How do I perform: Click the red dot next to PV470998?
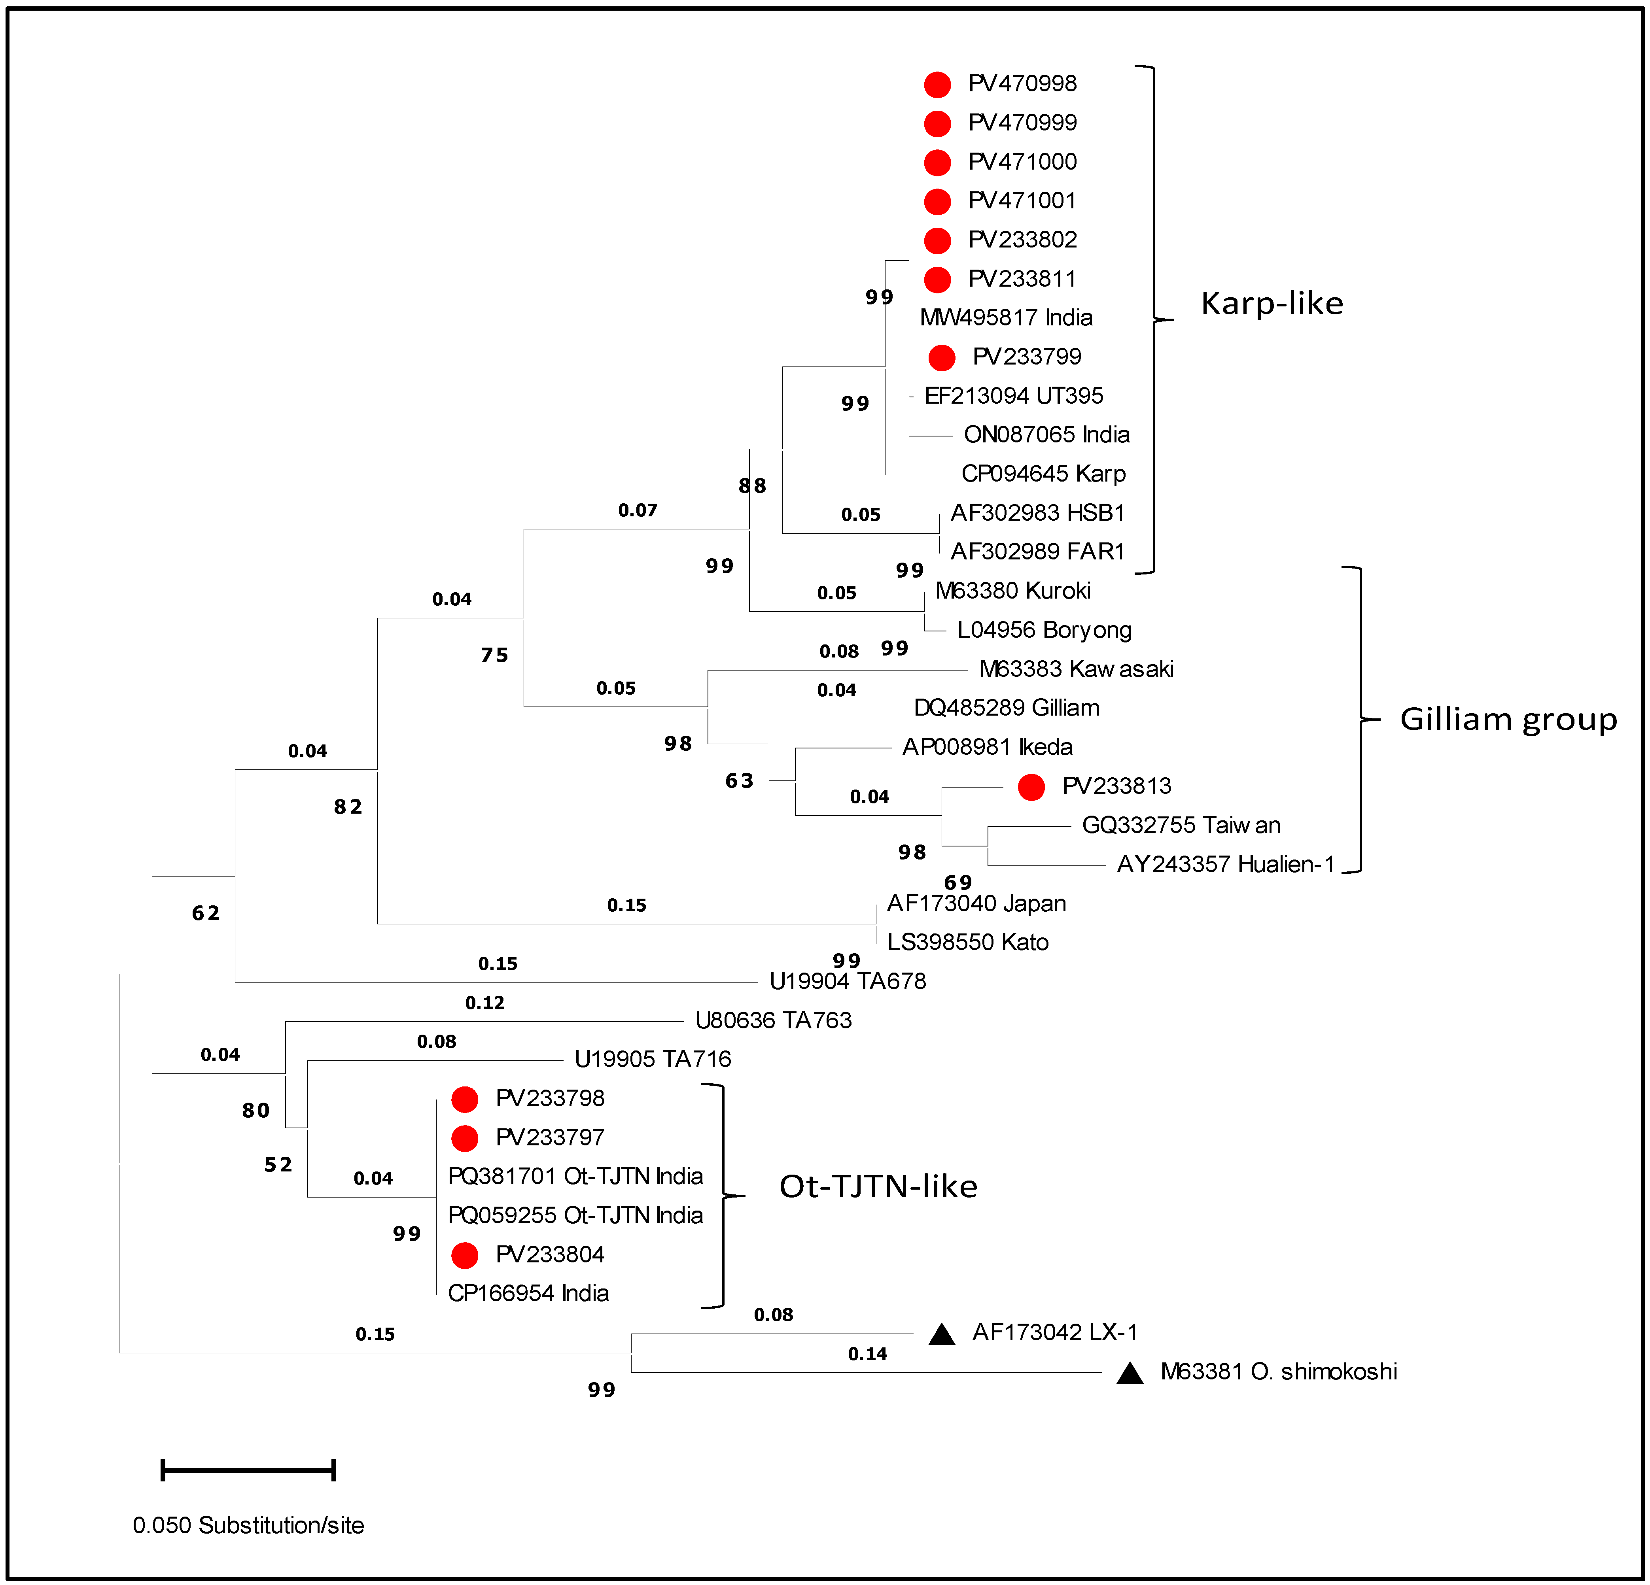(937, 84)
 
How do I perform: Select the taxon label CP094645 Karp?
(1043, 474)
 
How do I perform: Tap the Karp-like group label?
(1271, 303)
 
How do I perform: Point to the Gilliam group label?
(1508, 720)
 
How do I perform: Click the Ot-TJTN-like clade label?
(878, 1187)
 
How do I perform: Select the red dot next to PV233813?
(1031, 787)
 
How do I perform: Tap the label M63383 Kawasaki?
(1076, 669)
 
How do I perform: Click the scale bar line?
(248, 1470)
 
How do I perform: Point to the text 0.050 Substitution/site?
(248, 1525)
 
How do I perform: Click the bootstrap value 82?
(348, 807)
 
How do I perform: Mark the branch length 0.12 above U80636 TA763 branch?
(485, 1003)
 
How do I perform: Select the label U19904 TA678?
(848, 981)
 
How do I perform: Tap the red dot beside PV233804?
(465, 1255)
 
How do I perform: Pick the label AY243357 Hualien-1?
(1225, 865)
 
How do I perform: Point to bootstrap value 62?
(205, 913)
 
